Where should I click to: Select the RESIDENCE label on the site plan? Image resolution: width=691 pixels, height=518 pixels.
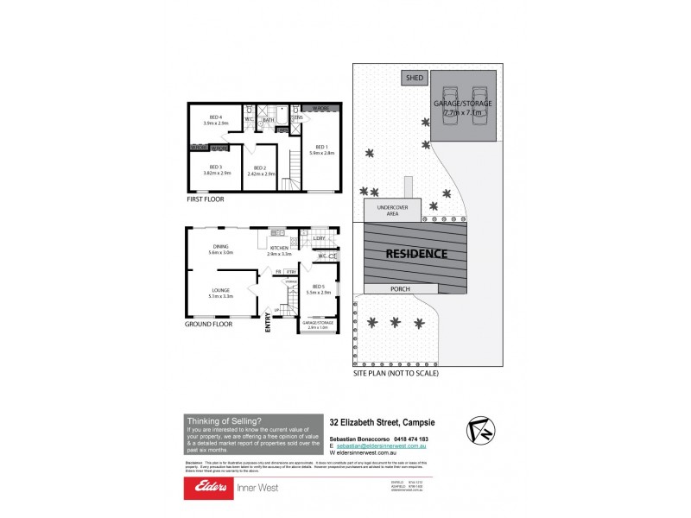415,254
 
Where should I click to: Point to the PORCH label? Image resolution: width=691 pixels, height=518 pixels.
400,289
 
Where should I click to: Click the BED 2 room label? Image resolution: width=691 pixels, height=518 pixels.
260,171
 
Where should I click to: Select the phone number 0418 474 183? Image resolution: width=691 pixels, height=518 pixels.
411,438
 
